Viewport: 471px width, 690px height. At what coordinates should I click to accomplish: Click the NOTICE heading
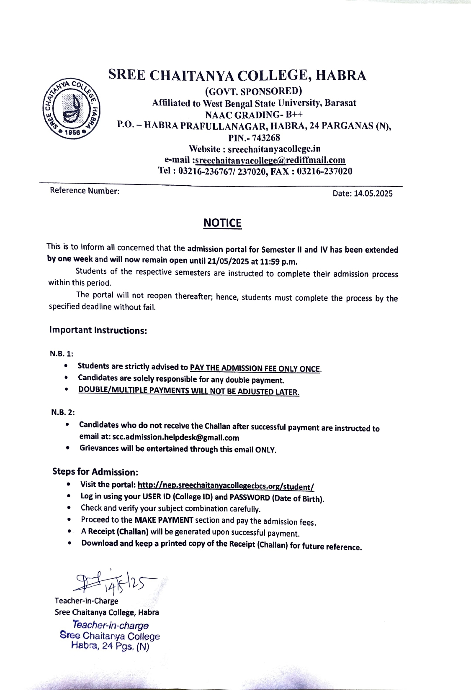222,223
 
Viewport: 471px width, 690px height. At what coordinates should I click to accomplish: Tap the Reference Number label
85,191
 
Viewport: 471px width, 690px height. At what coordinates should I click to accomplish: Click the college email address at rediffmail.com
270,160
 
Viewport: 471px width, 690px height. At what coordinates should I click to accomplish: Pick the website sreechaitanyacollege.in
274,149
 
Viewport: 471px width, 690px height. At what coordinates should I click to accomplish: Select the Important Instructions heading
98,330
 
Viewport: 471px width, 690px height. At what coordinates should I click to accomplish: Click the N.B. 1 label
62,354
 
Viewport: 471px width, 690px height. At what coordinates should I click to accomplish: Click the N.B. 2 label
63,412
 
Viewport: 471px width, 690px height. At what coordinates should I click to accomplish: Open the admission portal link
226,486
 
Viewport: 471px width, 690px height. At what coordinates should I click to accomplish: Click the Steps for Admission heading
95,472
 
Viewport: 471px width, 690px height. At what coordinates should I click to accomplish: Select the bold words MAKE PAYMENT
164,520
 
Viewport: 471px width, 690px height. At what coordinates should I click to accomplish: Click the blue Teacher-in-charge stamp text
110,626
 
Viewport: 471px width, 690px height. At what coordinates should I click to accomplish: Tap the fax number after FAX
324,171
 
